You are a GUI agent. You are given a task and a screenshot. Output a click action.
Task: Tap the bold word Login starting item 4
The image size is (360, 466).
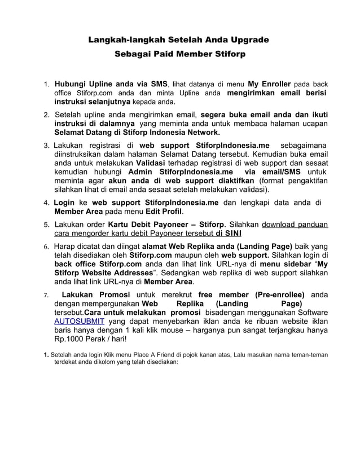[64, 203]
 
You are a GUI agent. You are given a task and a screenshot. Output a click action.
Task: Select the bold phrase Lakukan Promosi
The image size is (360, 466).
[95, 295]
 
